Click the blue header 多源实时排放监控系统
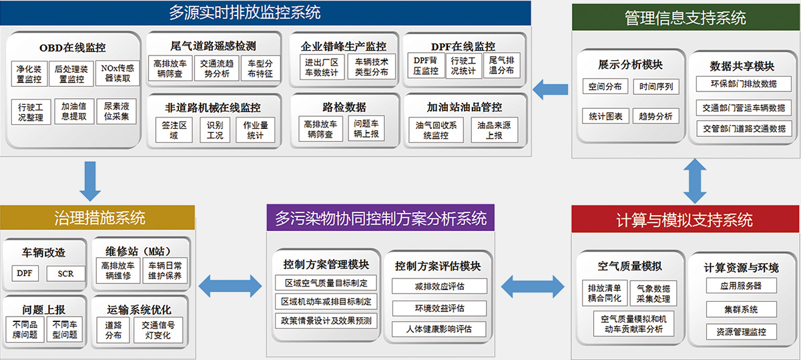266,13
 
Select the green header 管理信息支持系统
686,17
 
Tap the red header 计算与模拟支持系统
685,219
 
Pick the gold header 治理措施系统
97,218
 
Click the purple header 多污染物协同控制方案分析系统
380,218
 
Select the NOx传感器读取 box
117,73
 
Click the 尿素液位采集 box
117,112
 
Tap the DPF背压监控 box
426,65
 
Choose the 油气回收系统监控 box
436,130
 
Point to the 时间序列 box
655,87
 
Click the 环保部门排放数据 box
744,83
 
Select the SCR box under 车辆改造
65,273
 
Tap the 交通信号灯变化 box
158,330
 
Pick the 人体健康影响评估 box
439,329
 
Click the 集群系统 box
742,309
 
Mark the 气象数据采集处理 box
653,293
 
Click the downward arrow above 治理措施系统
90,181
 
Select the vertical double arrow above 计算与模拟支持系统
695,181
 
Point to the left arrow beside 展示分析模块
550,89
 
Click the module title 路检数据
344,107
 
